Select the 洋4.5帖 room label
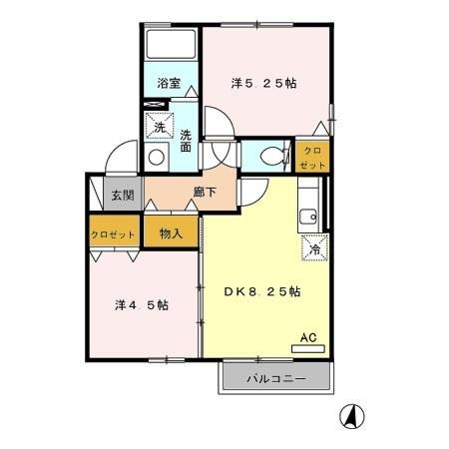click(141, 303)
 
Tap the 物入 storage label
click(171, 233)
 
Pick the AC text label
click(309, 337)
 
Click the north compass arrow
click(353, 414)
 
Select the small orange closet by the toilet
click(312, 156)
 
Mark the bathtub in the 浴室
click(171, 46)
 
